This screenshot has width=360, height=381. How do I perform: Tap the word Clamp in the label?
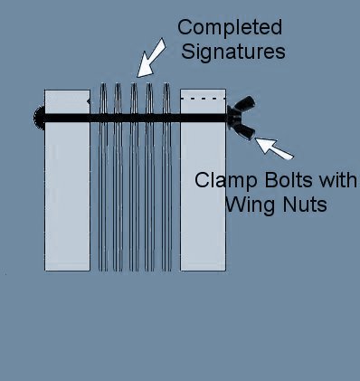click(223, 178)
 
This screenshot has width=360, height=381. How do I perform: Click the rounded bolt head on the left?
click(38, 117)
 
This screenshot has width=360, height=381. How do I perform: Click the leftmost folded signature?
click(103, 181)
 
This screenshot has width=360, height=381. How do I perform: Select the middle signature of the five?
click(134, 181)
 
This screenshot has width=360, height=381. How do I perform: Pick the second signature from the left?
click(118, 181)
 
